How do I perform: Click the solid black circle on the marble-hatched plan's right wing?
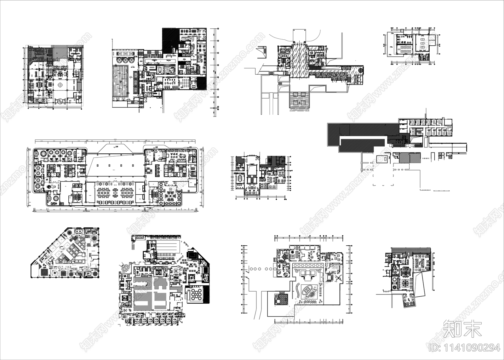point(361,70)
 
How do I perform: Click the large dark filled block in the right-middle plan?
point(359,134)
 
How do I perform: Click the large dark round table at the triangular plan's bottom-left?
point(44,263)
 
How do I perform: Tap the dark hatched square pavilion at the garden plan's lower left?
point(281,299)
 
